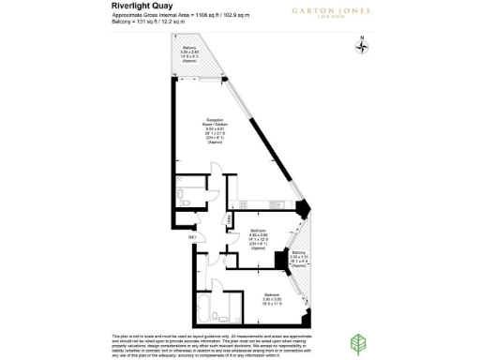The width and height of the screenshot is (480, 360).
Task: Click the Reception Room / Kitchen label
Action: [x=215, y=131]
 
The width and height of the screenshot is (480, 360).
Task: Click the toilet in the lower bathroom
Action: [x=215, y=316]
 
